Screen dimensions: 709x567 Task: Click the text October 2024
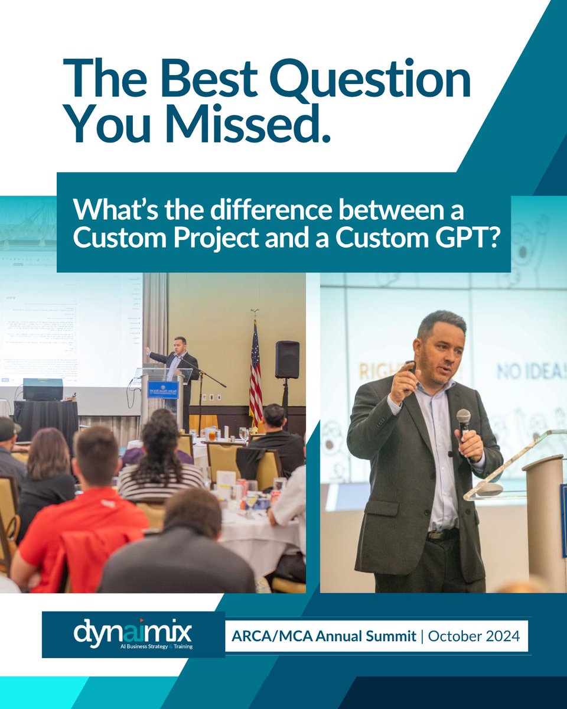[474, 636]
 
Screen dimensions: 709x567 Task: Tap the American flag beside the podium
[255, 372]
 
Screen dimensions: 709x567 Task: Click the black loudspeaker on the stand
[287, 360]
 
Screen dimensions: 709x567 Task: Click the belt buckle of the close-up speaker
[438, 535]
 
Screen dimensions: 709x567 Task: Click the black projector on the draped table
[43, 389]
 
